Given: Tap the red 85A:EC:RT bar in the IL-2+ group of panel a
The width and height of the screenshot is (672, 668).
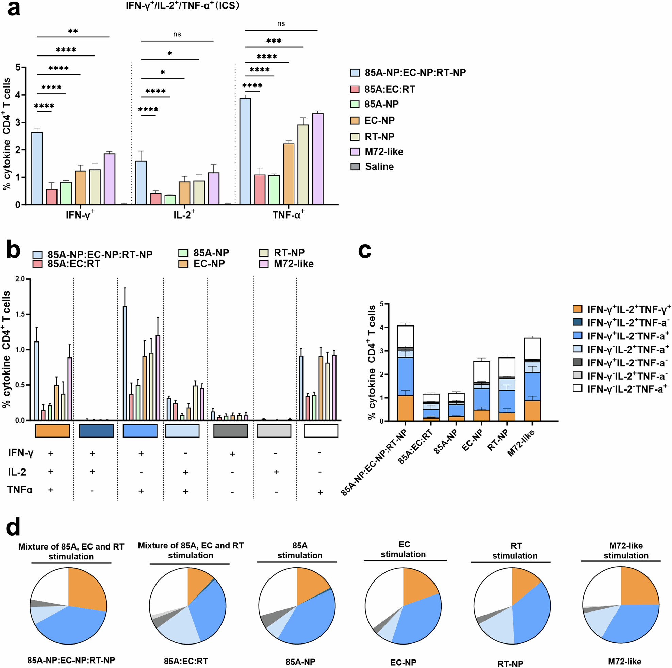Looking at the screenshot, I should point(155,198).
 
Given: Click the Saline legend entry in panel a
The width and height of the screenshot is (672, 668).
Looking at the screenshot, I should point(379,167).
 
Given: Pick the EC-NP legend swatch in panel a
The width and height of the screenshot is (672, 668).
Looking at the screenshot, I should point(355,121).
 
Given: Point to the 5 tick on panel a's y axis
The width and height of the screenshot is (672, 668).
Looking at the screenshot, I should point(18,67).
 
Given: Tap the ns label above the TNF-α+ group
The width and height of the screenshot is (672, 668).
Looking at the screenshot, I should point(281,24).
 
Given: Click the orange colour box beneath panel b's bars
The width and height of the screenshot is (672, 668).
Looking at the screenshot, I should point(52,431).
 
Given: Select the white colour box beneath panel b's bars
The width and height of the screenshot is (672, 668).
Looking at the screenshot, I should point(321,431).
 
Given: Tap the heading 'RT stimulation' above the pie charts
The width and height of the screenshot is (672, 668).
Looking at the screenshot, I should point(514,551).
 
